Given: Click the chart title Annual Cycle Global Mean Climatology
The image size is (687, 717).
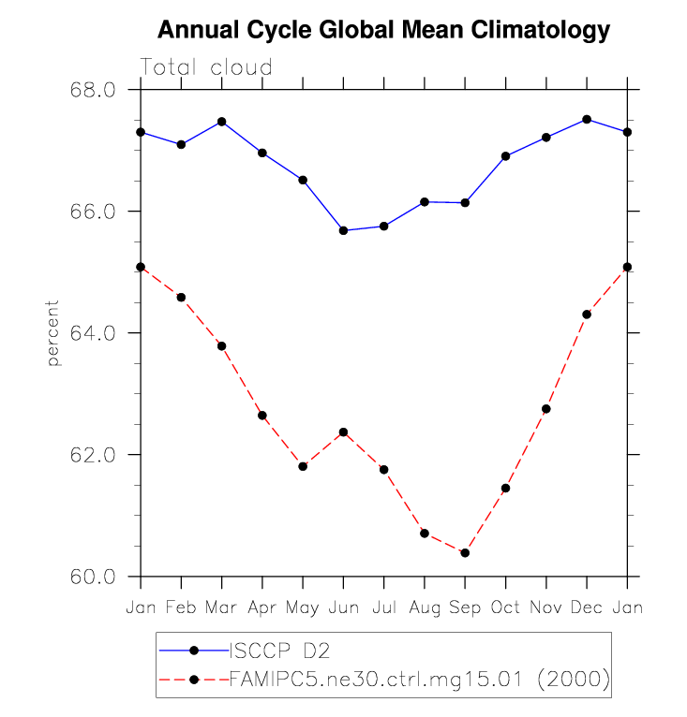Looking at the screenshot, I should (383, 30).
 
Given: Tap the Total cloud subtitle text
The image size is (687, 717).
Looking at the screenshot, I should (206, 67).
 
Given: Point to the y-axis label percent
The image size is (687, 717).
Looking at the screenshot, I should (53, 333).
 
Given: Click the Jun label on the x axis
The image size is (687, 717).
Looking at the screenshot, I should (343, 608).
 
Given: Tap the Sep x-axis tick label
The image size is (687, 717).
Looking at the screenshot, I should (465, 608).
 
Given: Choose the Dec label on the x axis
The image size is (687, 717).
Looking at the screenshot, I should (587, 608).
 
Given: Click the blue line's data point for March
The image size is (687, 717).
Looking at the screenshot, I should (222, 122).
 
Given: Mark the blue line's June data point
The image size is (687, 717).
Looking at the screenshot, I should (343, 230).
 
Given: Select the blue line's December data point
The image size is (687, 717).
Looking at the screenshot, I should (587, 119).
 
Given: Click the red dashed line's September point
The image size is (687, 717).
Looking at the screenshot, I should (465, 553).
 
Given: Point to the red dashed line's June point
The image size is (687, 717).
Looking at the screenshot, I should (343, 432).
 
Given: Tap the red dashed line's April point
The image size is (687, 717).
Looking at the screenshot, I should (262, 416).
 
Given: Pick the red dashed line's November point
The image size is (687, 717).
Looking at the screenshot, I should (546, 409).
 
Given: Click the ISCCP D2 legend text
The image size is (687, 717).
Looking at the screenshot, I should (278, 651).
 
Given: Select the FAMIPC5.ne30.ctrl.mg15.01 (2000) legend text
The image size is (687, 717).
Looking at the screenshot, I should (419, 679).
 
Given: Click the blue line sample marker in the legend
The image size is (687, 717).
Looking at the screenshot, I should (194, 651).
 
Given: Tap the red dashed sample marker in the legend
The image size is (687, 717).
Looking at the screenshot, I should (194, 679).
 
